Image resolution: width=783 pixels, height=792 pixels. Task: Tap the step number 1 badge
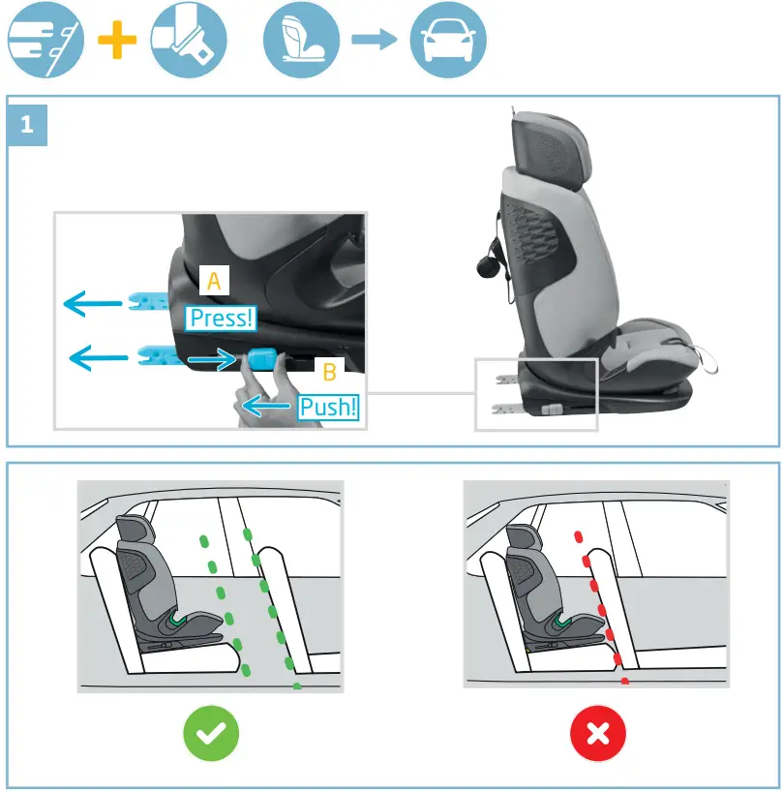27,124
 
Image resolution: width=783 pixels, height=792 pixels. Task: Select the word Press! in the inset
222,318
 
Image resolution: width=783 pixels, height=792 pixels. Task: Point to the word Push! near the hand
328,407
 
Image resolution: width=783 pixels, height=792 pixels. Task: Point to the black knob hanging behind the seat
489,260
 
